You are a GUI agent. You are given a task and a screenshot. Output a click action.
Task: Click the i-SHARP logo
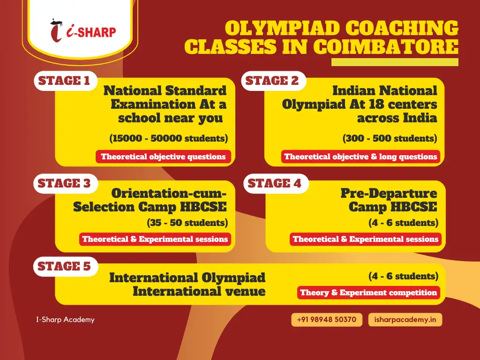[83, 30]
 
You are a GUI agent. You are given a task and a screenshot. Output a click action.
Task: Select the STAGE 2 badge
[273, 81]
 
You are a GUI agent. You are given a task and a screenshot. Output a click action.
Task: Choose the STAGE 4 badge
[276, 183]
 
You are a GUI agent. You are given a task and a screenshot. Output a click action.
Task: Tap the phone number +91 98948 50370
[327, 320]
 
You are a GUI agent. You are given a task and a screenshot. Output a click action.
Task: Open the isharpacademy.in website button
[405, 320]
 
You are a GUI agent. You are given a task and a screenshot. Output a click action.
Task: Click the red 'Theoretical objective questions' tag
[164, 157]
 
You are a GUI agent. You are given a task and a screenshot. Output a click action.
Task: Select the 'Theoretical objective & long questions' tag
[360, 157]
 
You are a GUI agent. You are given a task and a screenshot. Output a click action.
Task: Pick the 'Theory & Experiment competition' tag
[368, 292]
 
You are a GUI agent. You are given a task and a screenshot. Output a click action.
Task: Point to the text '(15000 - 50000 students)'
[169, 138]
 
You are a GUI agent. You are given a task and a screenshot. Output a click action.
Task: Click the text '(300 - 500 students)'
[390, 138]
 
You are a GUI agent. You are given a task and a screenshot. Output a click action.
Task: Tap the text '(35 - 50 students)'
[187, 223]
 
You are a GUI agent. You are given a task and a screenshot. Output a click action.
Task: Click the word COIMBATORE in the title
[386, 47]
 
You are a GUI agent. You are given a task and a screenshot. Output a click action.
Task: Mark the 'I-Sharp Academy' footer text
[65, 320]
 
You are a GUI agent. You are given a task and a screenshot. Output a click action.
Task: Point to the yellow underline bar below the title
[395, 62]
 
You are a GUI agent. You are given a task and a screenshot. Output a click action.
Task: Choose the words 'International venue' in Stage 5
[199, 291]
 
